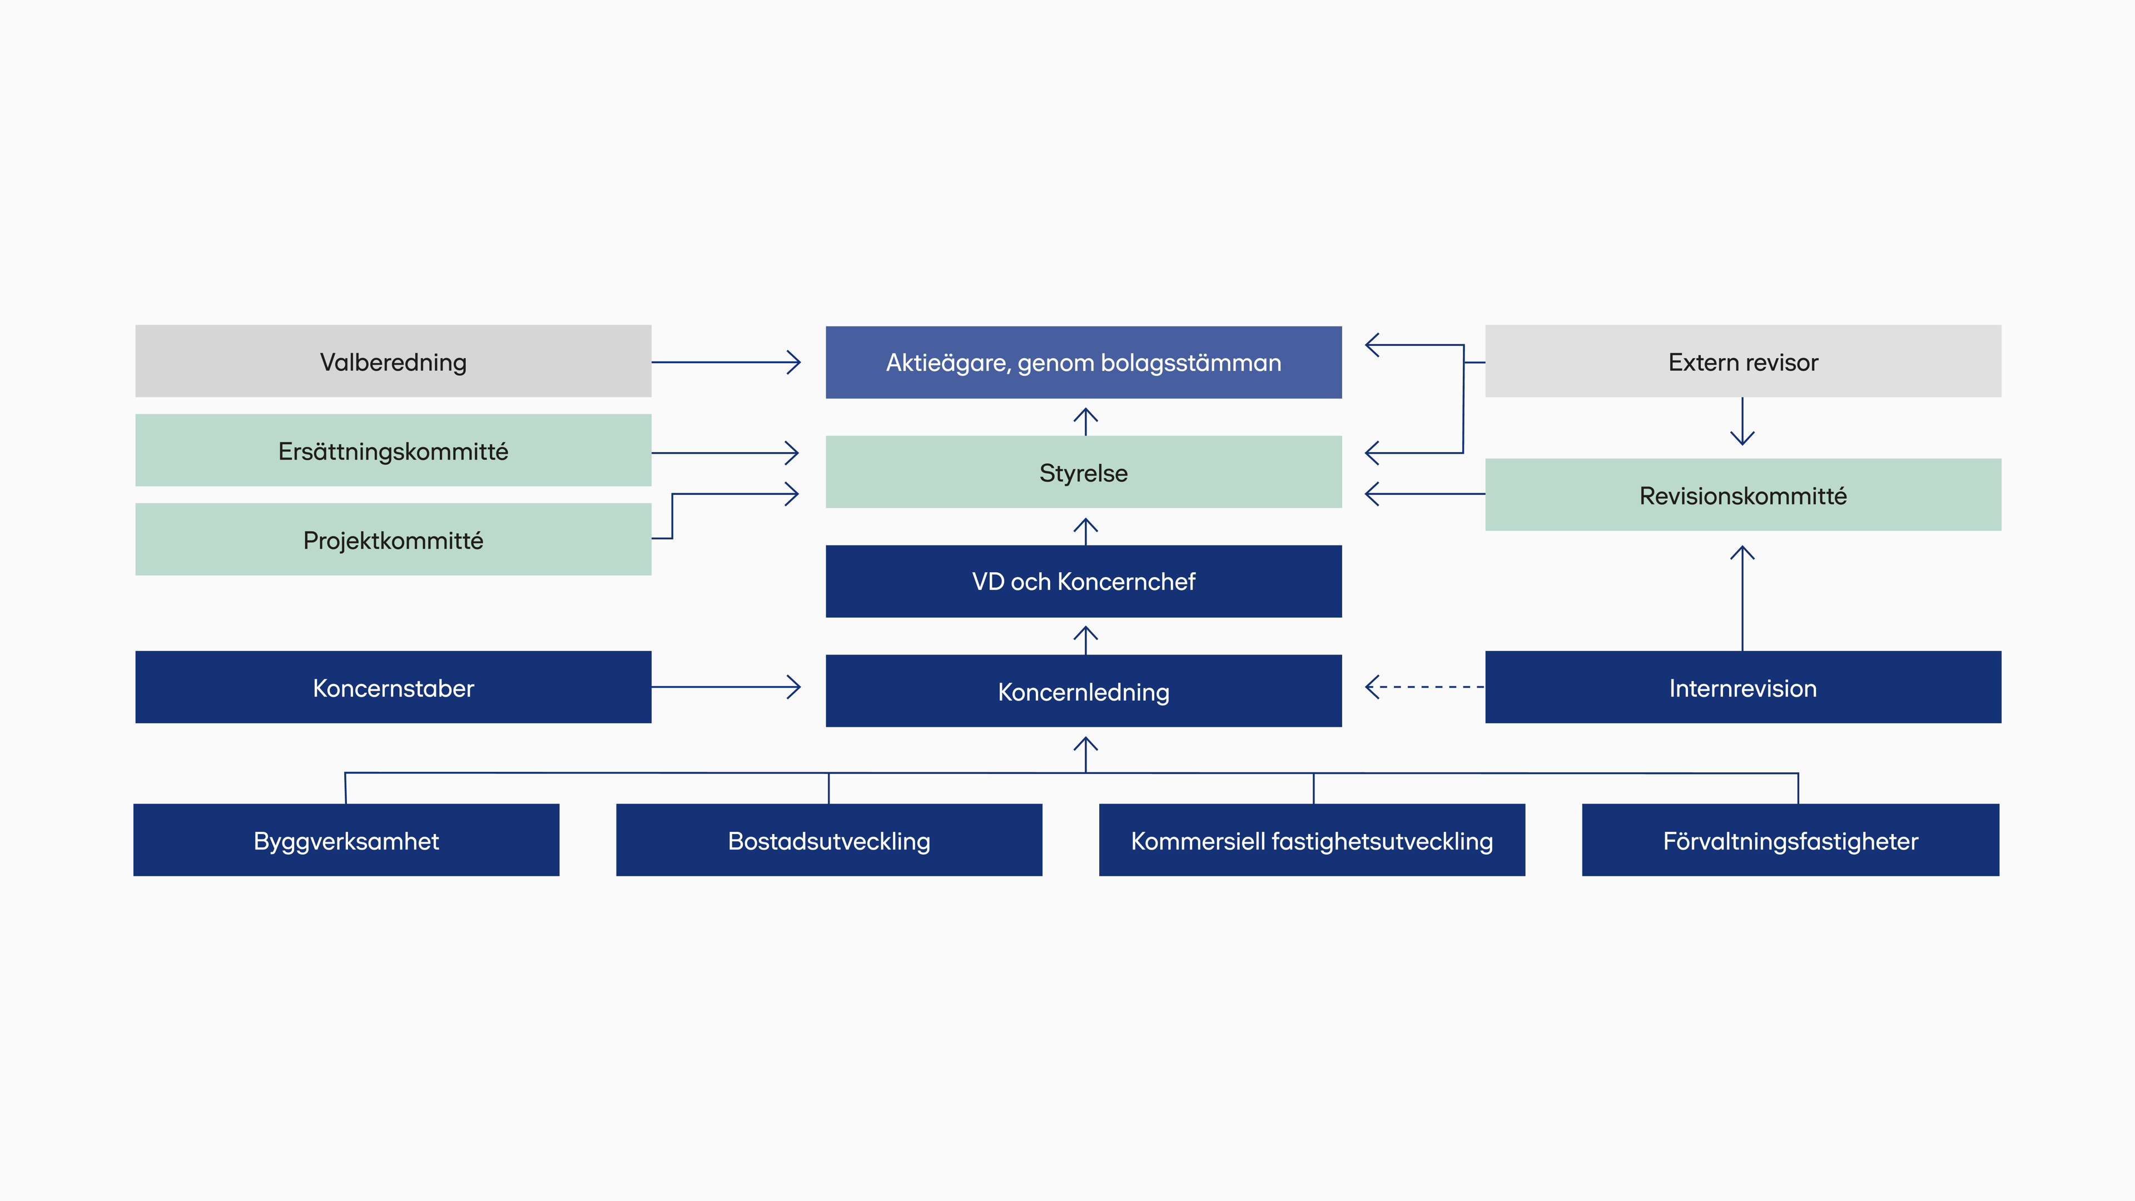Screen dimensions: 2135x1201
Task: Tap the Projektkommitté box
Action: point(393,539)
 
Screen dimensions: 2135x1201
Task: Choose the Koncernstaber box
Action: point(393,687)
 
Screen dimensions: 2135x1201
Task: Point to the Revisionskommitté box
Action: point(1743,495)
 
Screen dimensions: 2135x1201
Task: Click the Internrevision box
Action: point(1743,687)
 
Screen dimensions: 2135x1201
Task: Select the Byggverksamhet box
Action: point(346,840)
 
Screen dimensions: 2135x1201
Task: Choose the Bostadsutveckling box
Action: point(829,840)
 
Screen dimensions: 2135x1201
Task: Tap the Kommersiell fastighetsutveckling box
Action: point(1312,840)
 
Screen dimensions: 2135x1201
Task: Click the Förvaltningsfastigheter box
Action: point(1790,840)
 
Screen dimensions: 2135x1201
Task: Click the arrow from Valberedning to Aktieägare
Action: point(726,362)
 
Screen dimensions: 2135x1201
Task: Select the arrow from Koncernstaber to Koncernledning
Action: point(726,687)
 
